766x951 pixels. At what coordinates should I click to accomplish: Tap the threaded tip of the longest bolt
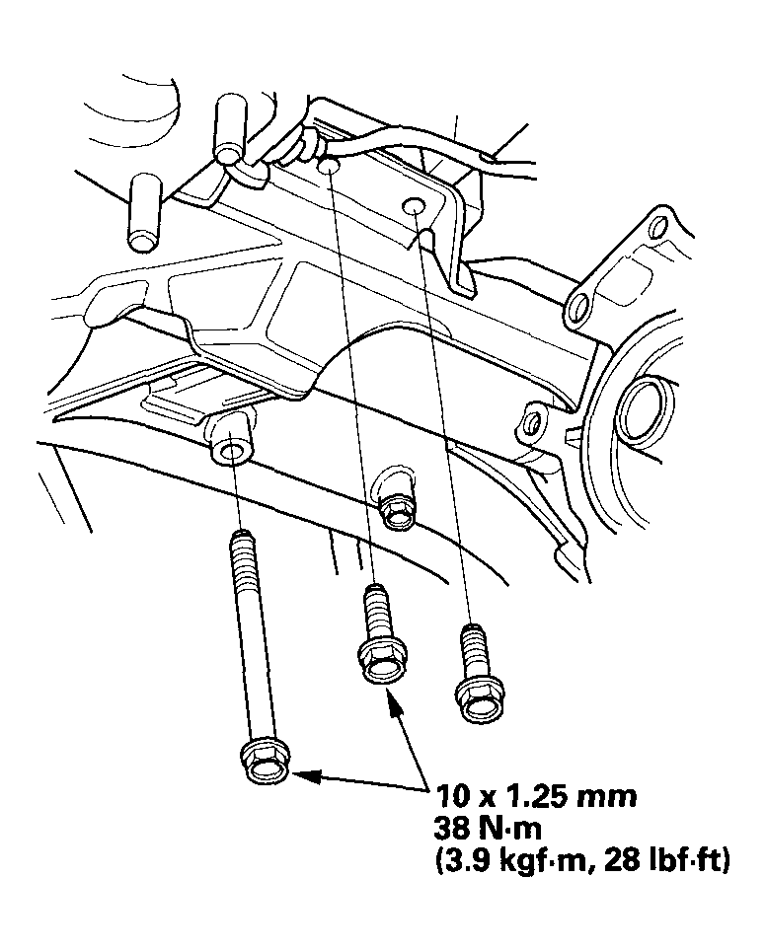pyautogui.click(x=238, y=541)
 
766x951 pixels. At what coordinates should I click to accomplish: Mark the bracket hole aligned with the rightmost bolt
pyautogui.click(x=415, y=205)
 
